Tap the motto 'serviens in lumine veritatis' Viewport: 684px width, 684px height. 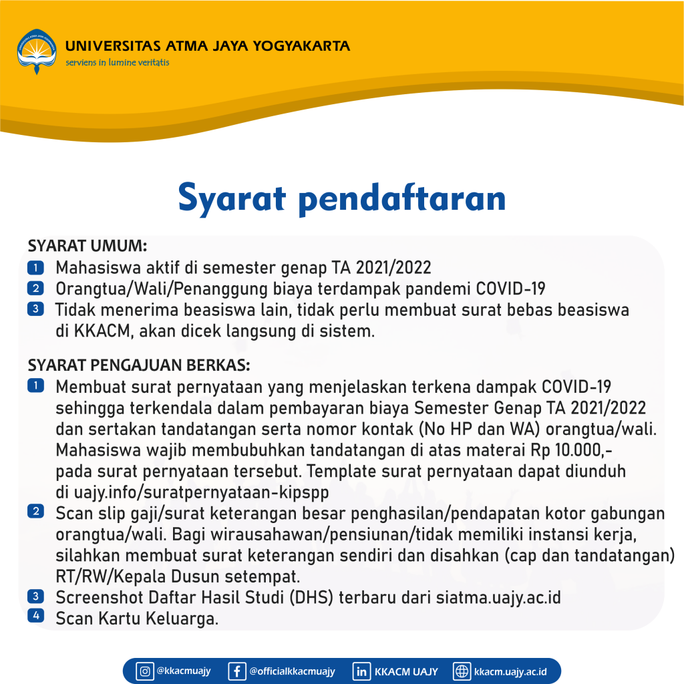click(117, 63)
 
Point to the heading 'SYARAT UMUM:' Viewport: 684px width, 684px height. click(88, 246)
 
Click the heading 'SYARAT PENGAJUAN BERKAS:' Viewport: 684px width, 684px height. click(139, 366)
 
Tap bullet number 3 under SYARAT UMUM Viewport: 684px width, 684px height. click(35, 309)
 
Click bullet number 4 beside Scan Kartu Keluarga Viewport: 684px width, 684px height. click(35, 615)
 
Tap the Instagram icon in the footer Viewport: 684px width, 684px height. click(144, 671)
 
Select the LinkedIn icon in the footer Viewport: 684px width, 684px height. click(361, 671)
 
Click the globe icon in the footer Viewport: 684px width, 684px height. click(462, 671)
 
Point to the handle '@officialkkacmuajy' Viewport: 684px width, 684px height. click(292, 671)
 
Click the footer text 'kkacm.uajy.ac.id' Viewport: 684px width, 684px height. click(510, 671)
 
